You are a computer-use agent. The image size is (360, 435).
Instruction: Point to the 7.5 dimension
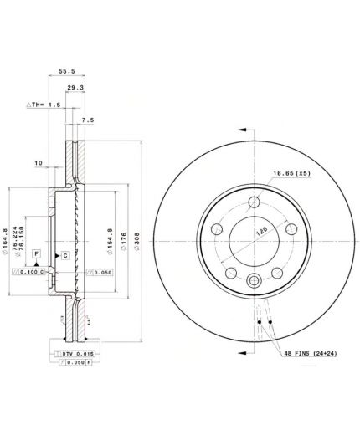[88, 120]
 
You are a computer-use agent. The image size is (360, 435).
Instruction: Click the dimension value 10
[38, 162]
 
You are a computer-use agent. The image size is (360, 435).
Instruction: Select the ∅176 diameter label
[123, 242]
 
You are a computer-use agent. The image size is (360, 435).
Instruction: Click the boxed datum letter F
[37, 253]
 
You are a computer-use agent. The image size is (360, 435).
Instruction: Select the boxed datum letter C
[64, 253]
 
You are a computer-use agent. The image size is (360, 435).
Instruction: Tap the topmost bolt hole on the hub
[254, 200]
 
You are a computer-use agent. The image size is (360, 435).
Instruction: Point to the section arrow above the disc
[244, 129]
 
